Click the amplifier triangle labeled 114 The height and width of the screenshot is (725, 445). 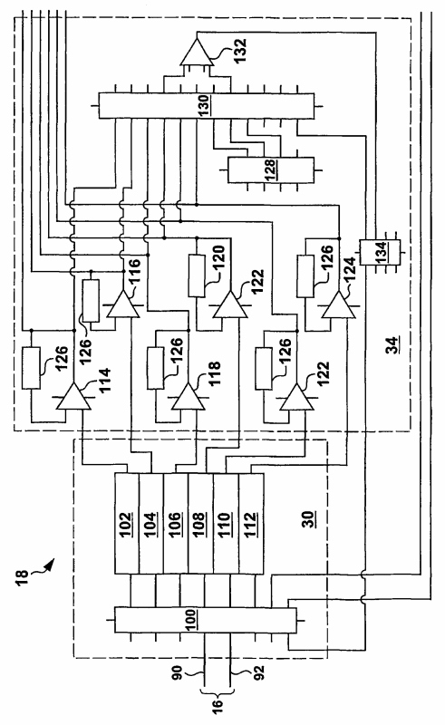pos(73,399)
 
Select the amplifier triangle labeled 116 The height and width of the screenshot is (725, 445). pos(123,306)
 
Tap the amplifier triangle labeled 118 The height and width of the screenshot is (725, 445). pos(189,399)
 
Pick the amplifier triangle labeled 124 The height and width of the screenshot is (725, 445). pos(339,306)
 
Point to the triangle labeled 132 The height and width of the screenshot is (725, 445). pos(197,54)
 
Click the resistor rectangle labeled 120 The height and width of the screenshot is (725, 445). pos(197,275)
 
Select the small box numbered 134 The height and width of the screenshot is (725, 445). pos(380,252)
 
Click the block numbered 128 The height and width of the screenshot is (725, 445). pos(271,169)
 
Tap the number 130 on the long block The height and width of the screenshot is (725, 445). pos(204,105)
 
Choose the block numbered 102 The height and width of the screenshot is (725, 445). pos(126,524)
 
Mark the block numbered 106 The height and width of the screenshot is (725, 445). pos(176,524)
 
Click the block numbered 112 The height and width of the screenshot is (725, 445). pos(251,524)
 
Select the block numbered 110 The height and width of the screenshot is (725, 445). pos(226,524)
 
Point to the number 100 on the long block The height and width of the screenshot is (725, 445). pos(190,621)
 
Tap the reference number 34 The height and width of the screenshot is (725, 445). pos(392,345)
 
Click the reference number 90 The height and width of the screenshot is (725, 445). pos(179,672)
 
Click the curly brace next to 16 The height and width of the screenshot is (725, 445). pos(218,691)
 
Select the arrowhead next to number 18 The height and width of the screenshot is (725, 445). pos(50,563)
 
